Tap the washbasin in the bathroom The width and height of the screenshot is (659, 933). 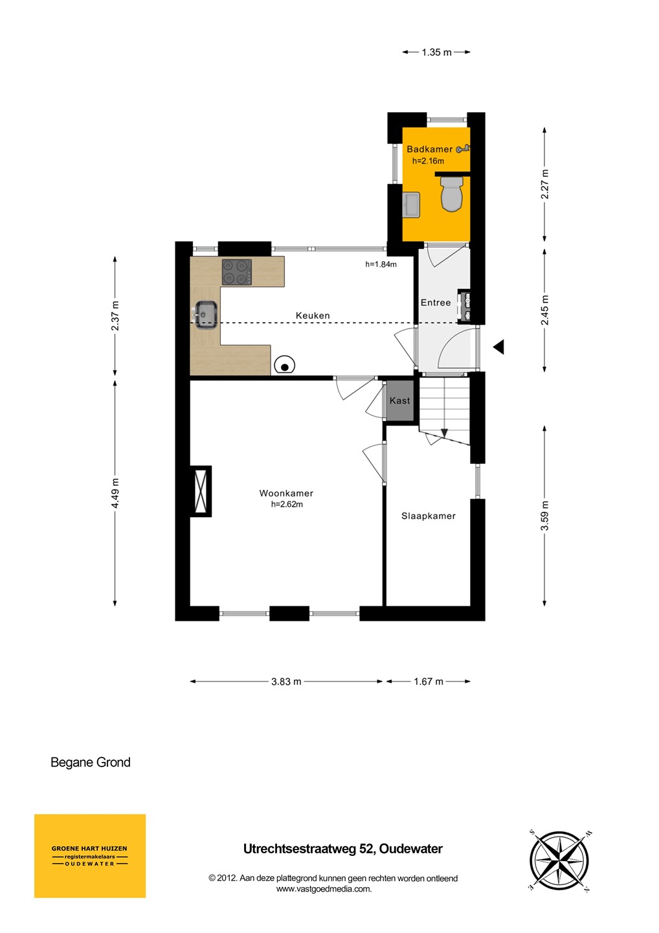[x=412, y=205]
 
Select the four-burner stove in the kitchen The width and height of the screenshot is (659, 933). [x=237, y=272]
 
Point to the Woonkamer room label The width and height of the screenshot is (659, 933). [x=286, y=493]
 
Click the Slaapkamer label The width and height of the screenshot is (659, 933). [x=428, y=516]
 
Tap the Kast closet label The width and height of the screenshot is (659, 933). [x=399, y=400]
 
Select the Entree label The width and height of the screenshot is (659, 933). [x=436, y=303]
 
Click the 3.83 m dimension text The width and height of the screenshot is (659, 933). [x=286, y=682]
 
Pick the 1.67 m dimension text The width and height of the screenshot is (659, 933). [x=428, y=682]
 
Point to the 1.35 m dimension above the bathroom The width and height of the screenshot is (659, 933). [x=436, y=52]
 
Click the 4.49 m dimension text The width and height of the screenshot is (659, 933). [x=115, y=492]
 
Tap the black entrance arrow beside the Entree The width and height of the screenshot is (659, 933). [x=499, y=347]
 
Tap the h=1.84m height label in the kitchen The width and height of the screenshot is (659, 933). [x=381, y=264]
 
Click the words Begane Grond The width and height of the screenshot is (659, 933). [x=90, y=762]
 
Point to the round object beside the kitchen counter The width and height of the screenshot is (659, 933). [x=285, y=366]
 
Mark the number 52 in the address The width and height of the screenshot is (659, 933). [x=367, y=849]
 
